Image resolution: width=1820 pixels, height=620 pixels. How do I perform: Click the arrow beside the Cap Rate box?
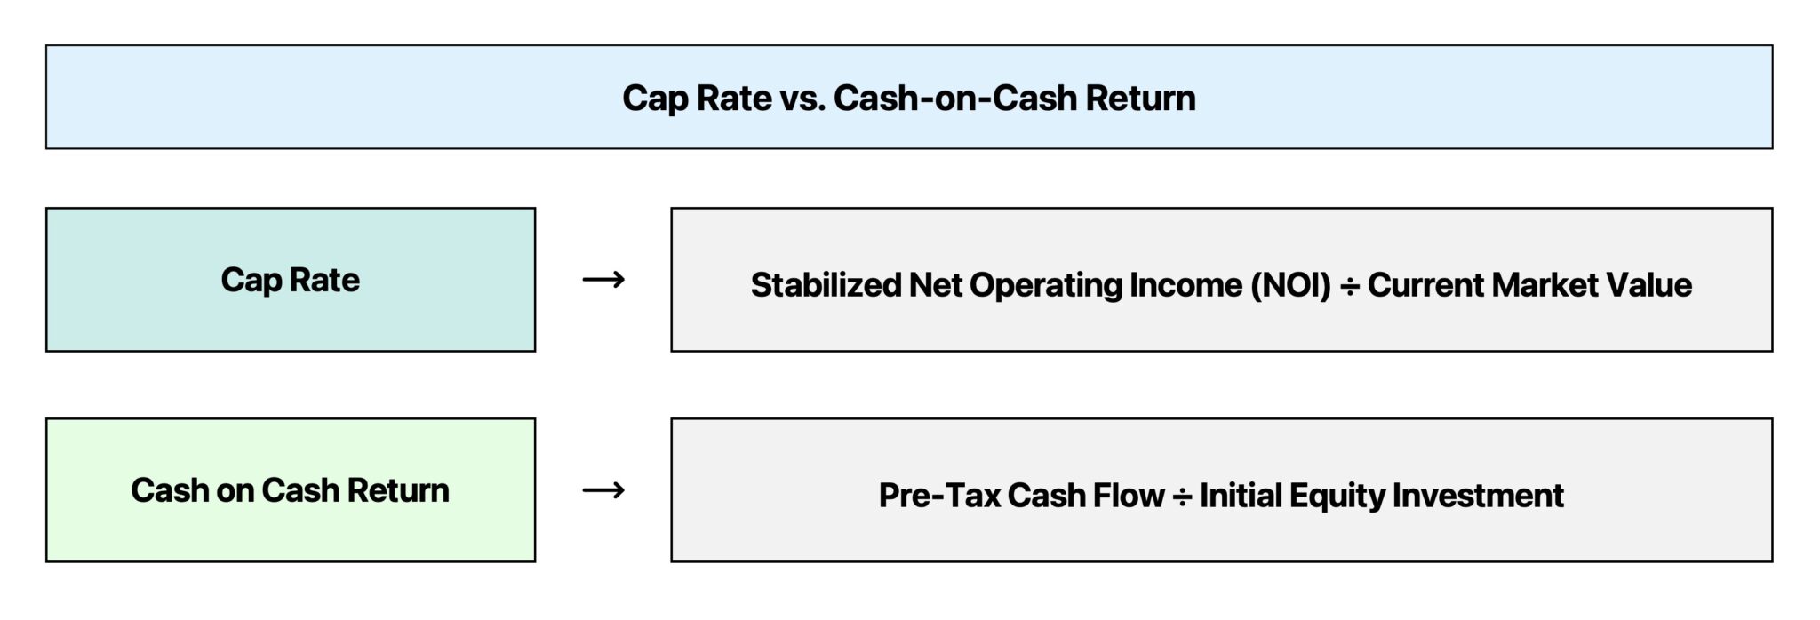click(603, 280)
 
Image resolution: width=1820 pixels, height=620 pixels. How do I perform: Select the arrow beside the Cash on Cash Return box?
click(603, 490)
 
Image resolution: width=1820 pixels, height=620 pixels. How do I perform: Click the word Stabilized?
click(825, 285)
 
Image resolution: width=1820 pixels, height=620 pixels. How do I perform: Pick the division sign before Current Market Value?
click(1349, 286)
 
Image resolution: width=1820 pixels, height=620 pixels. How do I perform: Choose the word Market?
click(1541, 285)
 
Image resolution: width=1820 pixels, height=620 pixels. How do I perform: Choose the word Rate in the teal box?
click(324, 280)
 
